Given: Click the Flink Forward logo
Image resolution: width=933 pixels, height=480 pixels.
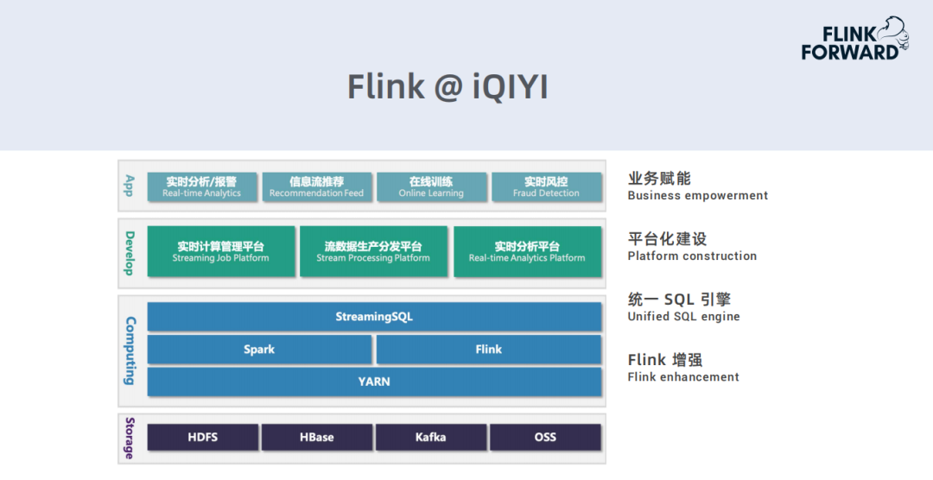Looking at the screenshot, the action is [854, 39].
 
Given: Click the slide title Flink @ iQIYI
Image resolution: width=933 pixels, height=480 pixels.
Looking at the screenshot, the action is [447, 87].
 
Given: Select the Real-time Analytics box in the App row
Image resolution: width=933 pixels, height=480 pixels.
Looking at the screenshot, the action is [201, 186].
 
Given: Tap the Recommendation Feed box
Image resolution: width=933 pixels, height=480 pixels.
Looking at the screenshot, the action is [316, 186].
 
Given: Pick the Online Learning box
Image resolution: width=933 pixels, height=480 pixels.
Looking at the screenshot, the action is [431, 186].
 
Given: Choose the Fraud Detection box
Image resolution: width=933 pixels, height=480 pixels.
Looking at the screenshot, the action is [546, 186].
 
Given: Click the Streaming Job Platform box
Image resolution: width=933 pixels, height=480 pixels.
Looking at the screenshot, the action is [221, 251].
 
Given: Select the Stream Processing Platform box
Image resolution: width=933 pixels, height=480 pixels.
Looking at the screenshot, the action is [373, 251].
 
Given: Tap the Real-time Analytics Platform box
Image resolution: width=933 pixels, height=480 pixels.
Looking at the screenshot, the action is [527, 251].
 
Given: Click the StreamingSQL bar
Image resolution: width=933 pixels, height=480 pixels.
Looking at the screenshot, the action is [374, 317].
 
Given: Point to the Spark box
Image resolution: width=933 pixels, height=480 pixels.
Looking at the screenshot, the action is [259, 349].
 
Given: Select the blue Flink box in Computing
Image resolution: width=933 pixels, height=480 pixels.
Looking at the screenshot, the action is [488, 349].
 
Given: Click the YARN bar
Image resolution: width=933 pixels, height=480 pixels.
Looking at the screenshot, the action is [374, 382].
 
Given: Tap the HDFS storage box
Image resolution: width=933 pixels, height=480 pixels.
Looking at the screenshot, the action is [203, 437].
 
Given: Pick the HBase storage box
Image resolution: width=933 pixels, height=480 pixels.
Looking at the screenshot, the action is [316, 437].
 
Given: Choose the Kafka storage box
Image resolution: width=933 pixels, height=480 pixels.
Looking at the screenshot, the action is [431, 437].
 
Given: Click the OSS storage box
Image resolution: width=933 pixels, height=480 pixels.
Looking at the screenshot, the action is [545, 437].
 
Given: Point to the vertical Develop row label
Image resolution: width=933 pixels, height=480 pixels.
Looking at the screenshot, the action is [129, 254].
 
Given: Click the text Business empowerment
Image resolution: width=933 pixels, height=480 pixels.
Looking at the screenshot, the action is [697, 196].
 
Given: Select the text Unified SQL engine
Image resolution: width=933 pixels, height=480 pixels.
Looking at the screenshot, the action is [683, 317].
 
